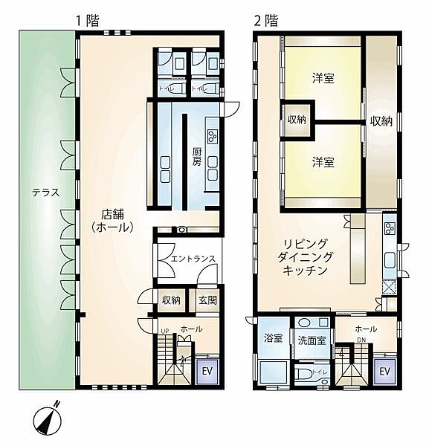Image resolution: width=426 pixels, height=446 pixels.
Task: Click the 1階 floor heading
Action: [x=88, y=20]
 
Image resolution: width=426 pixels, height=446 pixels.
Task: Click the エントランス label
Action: [x=193, y=259]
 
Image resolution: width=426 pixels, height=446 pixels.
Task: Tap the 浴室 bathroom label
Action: [x=272, y=337]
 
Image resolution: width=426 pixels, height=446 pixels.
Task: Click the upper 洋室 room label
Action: [x=321, y=77]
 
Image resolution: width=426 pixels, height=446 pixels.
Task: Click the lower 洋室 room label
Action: [x=321, y=161]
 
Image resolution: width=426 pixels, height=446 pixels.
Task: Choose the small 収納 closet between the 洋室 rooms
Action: [x=296, y=120]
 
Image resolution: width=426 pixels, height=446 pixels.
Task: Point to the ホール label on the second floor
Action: [x=366, y=329]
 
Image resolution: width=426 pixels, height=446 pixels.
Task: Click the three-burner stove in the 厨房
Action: [x=213, y=136]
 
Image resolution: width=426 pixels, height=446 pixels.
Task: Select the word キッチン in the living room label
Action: [x=306, y=271]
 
